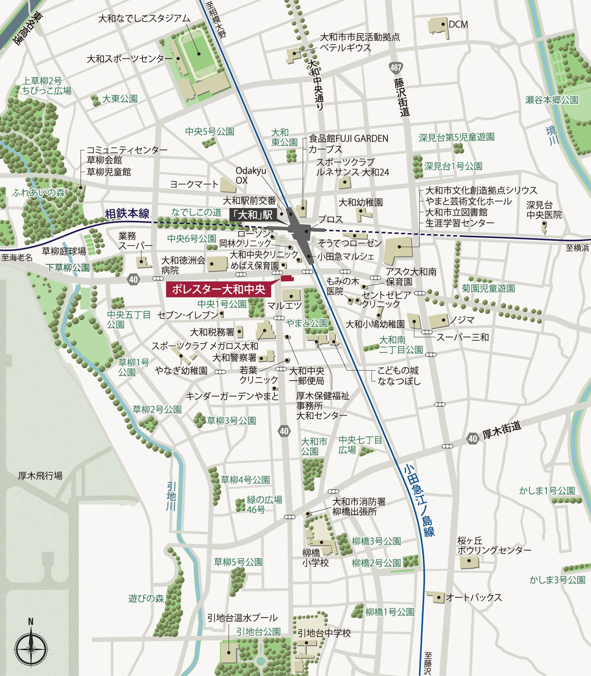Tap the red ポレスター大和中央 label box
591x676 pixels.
[x=218, y=290]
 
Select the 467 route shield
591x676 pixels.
[x=396, y=68]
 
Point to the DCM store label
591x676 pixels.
[x=458, y=25]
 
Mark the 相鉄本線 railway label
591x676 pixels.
[x=127, y=214]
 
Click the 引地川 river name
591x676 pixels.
[x=171, y=496]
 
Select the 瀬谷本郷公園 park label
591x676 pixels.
[x=552, y=100]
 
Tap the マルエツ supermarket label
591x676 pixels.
[x=284, y=306]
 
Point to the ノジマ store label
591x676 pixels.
[x=462, y=319]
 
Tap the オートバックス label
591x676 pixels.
[x=474, y=597]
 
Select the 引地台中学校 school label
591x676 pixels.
[x=324, y=633]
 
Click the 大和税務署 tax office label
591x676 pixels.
[x=212, y=332]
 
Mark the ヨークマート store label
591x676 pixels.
[x=194, y=184]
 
